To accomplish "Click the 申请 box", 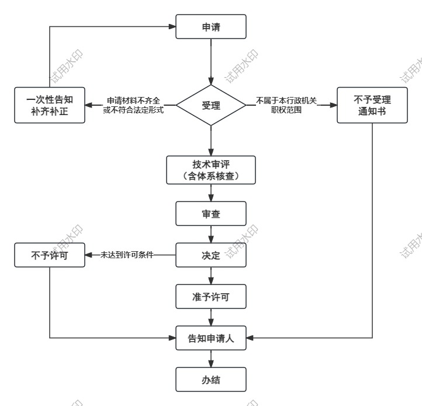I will pos(211,27).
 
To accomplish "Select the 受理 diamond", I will pos(211,106).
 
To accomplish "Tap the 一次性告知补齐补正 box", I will pos(50,106).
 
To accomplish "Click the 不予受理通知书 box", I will pos(372,106).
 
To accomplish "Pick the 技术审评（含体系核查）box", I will pos(211,169).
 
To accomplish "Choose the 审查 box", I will pos(211,214).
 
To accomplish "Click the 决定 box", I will pos(211,255).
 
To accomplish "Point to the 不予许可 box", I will pos(50,255).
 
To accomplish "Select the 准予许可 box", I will pos(211,297).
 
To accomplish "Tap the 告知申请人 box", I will pos(211,338).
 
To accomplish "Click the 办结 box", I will pos(211,380).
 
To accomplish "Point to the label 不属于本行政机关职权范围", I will pos(286,106).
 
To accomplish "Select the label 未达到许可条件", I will pos(126,255).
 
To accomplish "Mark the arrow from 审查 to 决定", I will pos(211,235).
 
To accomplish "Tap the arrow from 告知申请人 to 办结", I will pos(211,359).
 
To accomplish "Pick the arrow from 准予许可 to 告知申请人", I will pos(211,317).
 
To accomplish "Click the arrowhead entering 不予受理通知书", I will pos(334,106).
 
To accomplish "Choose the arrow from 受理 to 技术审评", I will pos(211,140).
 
